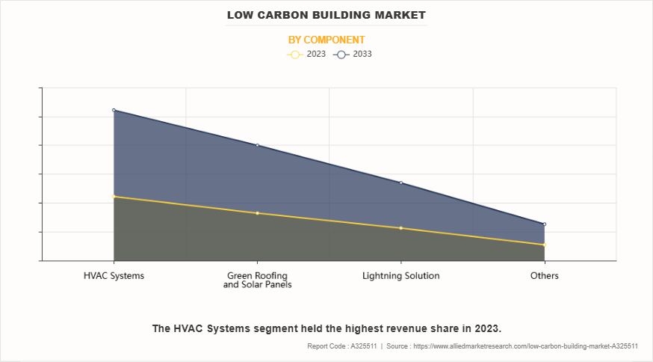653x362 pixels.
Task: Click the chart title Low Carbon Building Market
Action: [x=326, y=15]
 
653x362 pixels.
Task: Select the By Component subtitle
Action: [x=326, y=40]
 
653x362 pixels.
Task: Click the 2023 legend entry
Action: [x=306, y=55]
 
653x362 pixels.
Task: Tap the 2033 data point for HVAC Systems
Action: [x=114, y=110]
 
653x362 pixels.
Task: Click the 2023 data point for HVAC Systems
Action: [x=114, y=197]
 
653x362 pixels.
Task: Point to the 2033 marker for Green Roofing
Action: [x=257, y=145]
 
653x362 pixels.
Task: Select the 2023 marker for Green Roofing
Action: [x=257, y=213]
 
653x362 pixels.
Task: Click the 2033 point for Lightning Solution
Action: [x=401, y=182]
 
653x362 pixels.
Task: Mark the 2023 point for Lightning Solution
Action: [x=401, y=228]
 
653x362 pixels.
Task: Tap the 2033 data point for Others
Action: [x=545, y=224]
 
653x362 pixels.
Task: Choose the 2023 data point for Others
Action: [x=545, y=245]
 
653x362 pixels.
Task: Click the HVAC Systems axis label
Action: [x=114, y=275]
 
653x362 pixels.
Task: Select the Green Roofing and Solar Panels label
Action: [x=257, y=280]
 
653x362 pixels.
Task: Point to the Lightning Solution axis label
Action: [x=401, y=275]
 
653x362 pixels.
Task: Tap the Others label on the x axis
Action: [x=545, y=275]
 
